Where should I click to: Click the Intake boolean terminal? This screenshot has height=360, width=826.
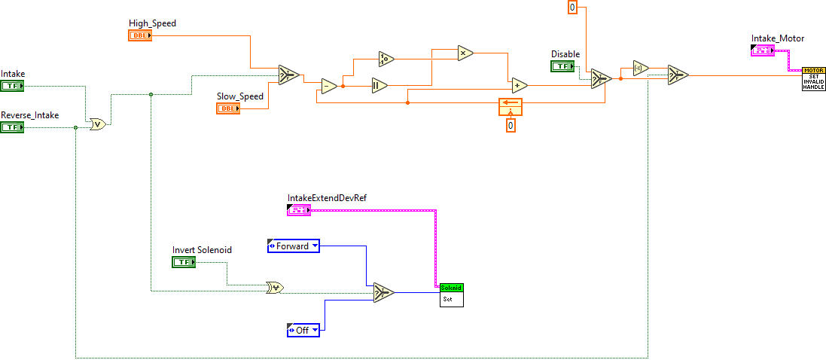(12, 86)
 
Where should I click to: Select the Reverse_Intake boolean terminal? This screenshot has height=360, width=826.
(12, 127)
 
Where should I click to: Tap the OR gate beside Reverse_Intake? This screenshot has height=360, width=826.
(97, 124)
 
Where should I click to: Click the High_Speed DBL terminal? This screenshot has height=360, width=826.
(140, 35)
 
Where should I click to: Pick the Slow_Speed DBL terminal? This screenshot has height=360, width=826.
(228, 108)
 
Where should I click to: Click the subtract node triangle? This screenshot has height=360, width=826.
(329, 85)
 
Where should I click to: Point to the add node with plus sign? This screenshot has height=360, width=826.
(519, 85)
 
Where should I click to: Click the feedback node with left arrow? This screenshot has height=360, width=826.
(510, 106)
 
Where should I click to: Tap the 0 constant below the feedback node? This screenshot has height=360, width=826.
(511, 125)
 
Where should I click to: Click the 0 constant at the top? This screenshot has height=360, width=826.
(572, 8)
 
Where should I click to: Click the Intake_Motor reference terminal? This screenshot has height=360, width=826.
(763, 50)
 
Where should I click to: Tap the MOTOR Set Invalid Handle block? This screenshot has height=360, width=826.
(813, 78)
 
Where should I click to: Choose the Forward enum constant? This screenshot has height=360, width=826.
(293, 246)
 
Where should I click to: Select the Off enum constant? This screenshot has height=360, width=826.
(303, 329)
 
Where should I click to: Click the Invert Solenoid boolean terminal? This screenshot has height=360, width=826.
(184, 262)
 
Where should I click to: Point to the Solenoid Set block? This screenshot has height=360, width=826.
(452, 294)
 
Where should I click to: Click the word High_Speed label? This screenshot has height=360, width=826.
(152, 23)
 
